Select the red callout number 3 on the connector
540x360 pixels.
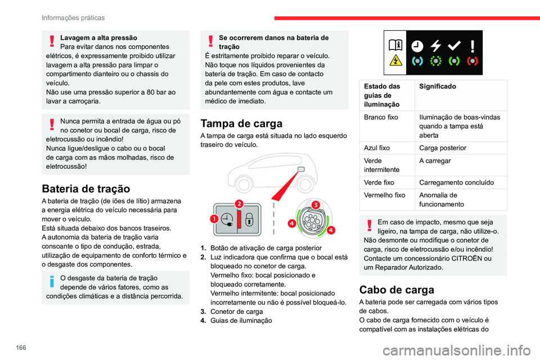click(x=316, y=204)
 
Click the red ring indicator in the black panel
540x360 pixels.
click(x=473, y=60)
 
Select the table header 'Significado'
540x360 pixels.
click(x=438, y=87)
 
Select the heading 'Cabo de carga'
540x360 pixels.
click(x=396, y=290)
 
